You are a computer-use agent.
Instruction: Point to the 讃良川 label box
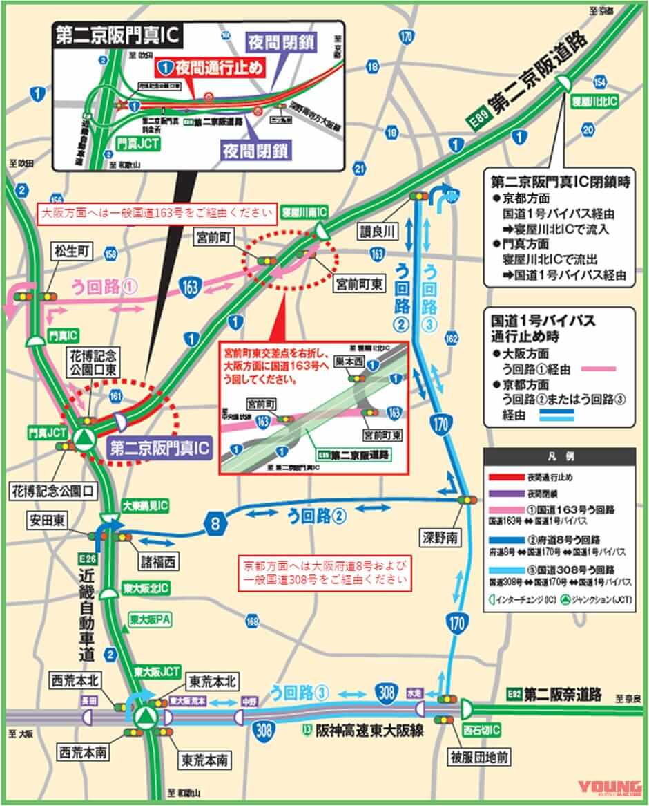[379, 229]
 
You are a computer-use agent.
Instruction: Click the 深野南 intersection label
[440, 536]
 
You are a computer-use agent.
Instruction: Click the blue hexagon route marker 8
[216, 525]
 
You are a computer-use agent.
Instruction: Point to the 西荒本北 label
[75, 681]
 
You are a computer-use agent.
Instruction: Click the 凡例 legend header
[559, 457]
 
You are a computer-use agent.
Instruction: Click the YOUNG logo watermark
[610, 787]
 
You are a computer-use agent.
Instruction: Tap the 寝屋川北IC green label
[594, 101]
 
